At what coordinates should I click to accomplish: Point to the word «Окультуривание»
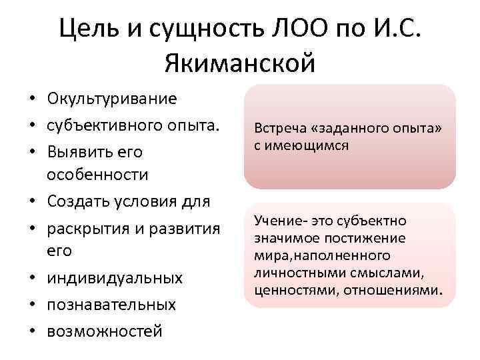[x=112, y=99]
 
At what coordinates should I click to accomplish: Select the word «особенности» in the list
[x=97, y=175]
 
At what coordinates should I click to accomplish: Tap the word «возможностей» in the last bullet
[x=104, y=330]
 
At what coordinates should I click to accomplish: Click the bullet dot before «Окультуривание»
[x=32, y=99]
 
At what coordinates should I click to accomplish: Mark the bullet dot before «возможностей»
[x=32, y=331]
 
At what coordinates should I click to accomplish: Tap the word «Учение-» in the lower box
[x=275, y=221]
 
